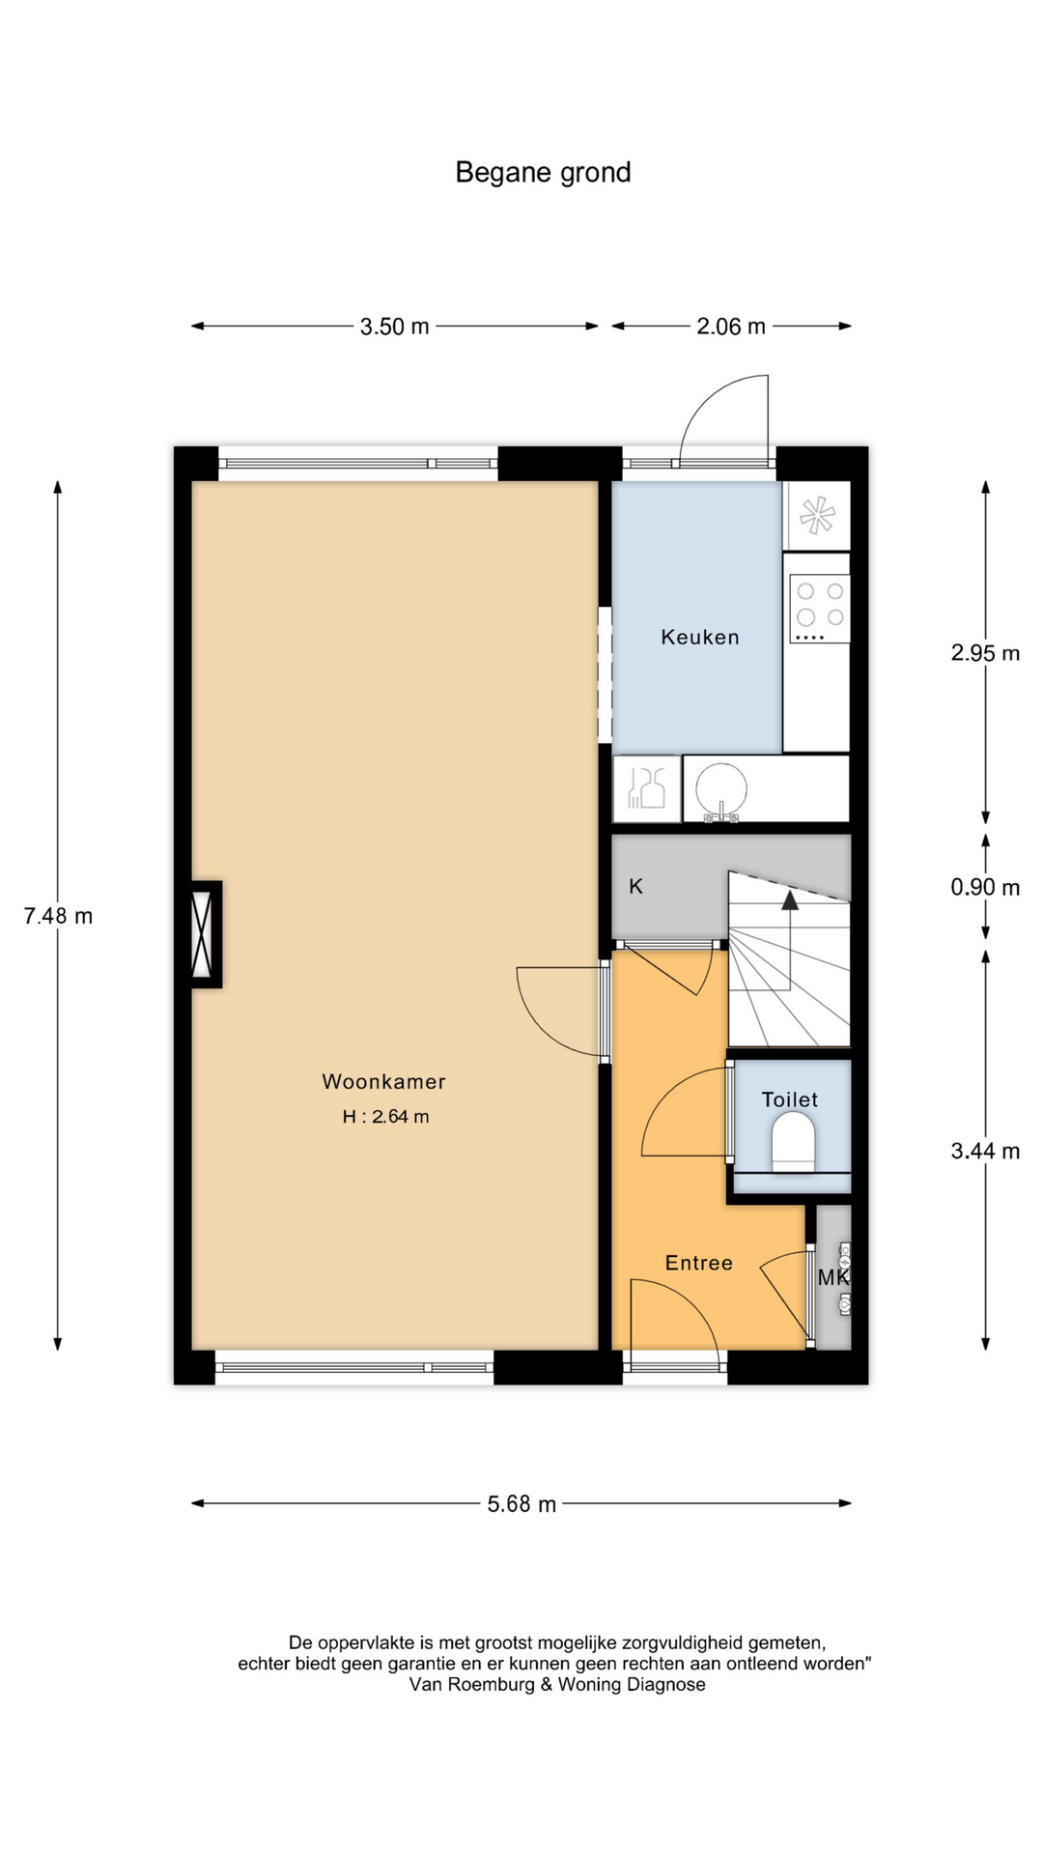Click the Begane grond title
tap(543, 173)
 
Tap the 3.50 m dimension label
tap(394, 327)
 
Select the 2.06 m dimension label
tap(731, 327)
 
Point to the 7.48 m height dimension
tap(58, 916)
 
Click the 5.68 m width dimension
tap(521, 1504)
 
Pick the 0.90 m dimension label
tap(985, 887)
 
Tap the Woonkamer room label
tap(383, 1082)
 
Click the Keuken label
tap(700, 637)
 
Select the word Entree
tap(699, 1263)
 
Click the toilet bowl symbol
tap(794, 1141)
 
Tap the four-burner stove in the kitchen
tap(820, 609)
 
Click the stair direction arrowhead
tap(790, 900)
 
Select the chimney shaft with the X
tap(202, 934)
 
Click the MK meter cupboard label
tap(833, 1277)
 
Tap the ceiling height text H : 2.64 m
tap(385, 1117)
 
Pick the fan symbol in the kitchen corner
tap(816, 515)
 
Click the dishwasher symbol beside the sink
tap(646, 788)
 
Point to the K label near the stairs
tap(635, 886)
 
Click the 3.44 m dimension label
tap(985, 1151)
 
